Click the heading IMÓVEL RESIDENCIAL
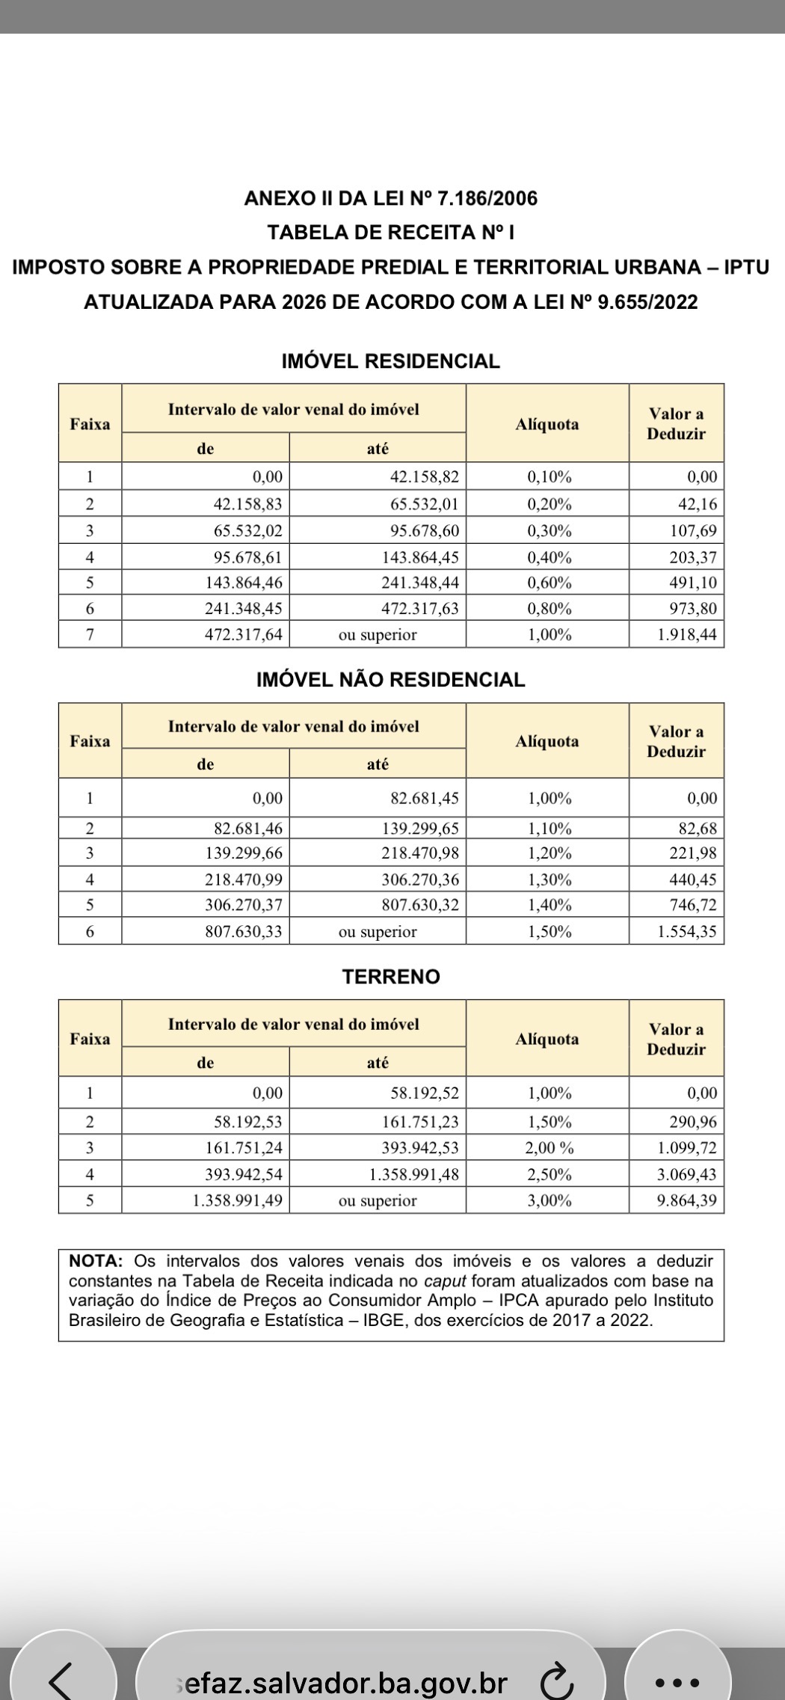pos(390,361)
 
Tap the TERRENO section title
pos(391,977)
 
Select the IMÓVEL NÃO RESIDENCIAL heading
pos(390,680)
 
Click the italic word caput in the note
pos(450,1280)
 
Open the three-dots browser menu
pos(677,1682)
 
